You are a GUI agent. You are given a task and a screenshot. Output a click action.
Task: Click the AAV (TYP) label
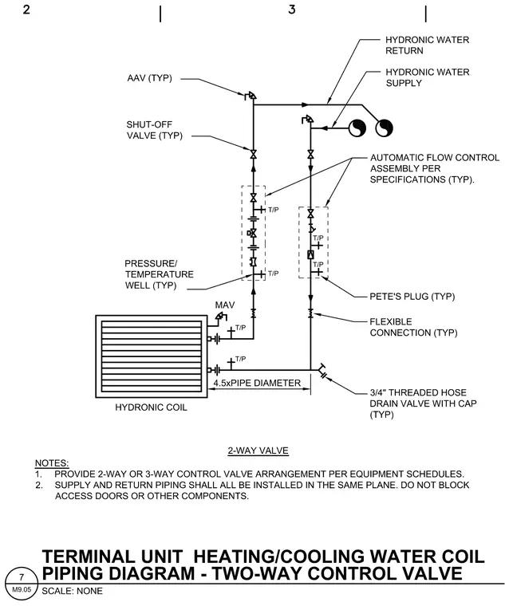149,78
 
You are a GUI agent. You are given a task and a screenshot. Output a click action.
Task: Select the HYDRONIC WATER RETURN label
427,45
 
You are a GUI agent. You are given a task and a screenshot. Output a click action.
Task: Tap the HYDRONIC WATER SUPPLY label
428,77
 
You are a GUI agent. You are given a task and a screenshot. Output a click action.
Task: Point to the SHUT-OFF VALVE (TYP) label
154,130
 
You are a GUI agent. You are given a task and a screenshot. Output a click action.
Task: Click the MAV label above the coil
225,305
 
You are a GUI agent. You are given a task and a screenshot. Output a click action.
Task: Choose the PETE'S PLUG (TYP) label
412,297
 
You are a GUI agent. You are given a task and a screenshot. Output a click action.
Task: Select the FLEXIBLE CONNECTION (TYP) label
413,328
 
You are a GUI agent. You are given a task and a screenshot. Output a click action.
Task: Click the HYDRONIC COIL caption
151,407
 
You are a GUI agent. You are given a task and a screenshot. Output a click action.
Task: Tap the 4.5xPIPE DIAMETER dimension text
257,383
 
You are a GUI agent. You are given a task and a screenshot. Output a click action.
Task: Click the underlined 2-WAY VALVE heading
258,451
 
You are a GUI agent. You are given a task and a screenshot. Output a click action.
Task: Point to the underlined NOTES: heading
52,463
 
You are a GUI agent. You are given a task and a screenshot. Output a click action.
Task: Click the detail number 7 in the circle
22,577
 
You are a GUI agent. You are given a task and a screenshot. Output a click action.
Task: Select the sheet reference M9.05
22,590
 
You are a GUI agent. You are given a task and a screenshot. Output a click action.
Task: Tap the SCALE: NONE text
73,591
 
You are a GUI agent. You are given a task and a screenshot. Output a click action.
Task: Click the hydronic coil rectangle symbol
152,356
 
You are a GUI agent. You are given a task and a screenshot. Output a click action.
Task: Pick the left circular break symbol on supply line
357,128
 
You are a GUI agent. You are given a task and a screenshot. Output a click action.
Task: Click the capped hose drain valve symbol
322,371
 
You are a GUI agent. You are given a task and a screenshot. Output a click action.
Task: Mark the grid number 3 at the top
292,10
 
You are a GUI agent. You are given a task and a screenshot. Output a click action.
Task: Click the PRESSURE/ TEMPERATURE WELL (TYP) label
159,274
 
